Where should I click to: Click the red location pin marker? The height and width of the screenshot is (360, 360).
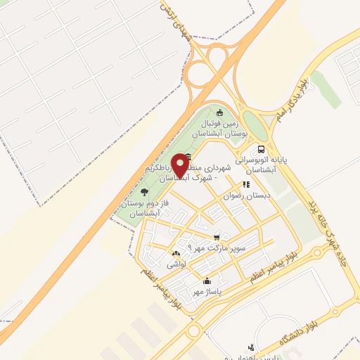coord(181,166)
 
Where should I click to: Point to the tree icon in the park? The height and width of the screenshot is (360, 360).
coord(144,191)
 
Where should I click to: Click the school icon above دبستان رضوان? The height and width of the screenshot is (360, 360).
coord(247,184)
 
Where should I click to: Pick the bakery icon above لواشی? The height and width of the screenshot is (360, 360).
coord(175,253)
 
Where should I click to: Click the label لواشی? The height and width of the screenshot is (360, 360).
coord(175,265)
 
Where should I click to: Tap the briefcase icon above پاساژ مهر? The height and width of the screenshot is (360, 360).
coord(206,281)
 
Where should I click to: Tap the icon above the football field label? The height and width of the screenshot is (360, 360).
coord(219,112)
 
